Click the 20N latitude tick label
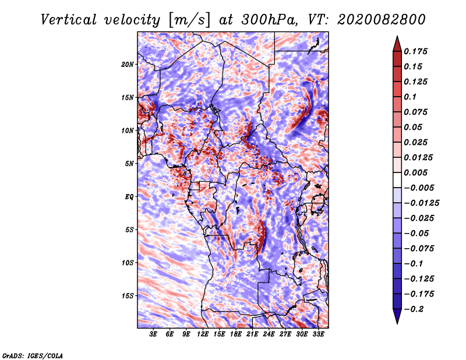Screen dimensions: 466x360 128,65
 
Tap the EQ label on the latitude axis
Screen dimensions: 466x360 129,197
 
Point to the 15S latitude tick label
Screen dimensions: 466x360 128,296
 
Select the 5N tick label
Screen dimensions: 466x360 129,164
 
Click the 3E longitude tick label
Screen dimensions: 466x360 153,334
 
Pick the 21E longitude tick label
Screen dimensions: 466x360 252,334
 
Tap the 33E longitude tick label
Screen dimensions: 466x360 318,334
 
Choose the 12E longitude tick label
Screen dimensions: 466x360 203,334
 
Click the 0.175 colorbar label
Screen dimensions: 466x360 415,51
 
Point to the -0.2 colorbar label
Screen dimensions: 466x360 414,309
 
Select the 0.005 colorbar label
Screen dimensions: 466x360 415,172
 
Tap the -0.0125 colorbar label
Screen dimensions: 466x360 421,203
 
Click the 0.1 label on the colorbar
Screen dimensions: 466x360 410,97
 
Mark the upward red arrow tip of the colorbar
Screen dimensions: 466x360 397,36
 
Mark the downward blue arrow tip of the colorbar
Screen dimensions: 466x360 397,323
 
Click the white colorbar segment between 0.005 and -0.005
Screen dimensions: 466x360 397,180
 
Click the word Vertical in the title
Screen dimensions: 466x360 68,20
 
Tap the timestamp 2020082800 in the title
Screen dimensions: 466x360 382,20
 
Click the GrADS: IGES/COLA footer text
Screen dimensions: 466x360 33,355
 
